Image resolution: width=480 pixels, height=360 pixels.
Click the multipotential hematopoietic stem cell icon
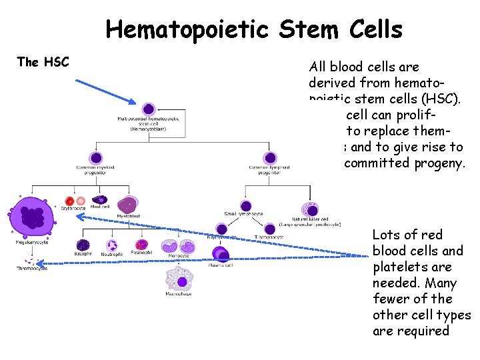(149, 109)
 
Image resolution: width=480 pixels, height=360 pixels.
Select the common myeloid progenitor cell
(96, 158)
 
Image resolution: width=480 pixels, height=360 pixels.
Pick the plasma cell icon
(221, 253)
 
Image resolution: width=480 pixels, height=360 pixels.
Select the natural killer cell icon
(309, 208)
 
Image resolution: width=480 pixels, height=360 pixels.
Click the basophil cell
(83, 245)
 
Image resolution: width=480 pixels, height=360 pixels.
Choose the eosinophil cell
(141, 245)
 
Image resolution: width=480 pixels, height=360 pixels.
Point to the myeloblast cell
(127, 205)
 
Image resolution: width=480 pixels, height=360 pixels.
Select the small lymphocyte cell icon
(246, 207)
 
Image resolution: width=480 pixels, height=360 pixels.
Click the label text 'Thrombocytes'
(31, 268)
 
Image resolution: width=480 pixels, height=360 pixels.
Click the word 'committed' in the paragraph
(374, 163)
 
